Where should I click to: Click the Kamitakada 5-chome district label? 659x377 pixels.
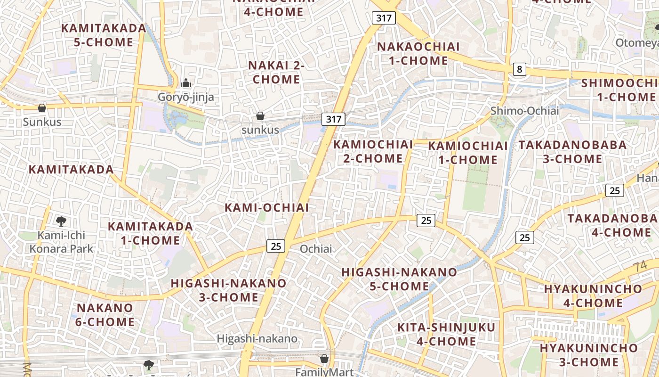[104, 35]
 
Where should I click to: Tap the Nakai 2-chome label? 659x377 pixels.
[276, 72]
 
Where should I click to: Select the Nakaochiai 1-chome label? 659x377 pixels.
[418, 54]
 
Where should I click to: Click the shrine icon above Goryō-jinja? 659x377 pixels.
[186, 83]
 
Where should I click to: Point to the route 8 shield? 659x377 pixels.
[519, 70]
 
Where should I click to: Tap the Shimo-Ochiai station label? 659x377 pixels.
[524, 111]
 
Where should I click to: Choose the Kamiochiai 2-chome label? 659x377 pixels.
[373, 151]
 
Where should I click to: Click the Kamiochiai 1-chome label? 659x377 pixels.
[468, 153]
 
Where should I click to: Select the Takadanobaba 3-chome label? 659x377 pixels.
[572, 152]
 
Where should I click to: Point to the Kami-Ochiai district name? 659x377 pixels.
[267, 207]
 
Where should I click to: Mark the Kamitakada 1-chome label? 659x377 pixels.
[151, 233]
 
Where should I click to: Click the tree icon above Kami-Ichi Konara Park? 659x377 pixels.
[61, 221]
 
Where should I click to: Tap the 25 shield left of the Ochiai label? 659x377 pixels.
[276, 246]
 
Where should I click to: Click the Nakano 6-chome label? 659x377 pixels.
[105, 315]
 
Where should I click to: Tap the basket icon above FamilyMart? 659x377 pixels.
[324, 359]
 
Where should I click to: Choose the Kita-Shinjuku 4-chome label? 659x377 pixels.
[446, 334]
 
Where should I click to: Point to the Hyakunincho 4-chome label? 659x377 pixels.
[593, 295]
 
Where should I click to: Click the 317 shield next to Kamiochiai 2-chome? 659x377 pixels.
[333, 119]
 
